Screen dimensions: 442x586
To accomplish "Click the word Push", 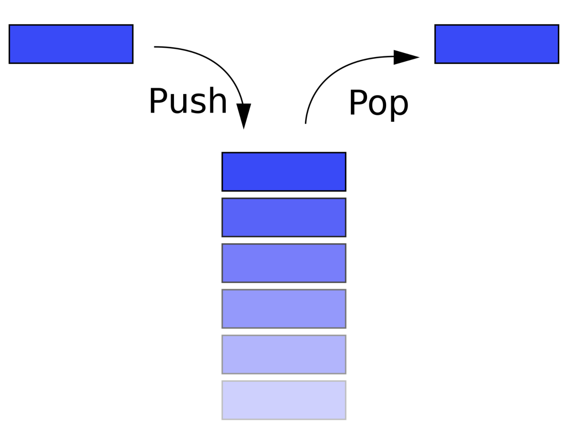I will click(x=188, y=101).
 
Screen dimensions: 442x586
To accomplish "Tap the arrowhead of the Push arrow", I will click(x=244, y=116).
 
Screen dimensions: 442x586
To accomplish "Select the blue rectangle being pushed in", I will click(x=71, y=44).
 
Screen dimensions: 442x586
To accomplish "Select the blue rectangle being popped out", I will click(x=497, y=44).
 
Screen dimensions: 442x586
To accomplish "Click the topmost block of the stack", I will click(x=284, y=172).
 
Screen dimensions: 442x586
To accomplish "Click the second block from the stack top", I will click(x=284, y=217).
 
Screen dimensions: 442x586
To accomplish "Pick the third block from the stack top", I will click(x=284, y=263).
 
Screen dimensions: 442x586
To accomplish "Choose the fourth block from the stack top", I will click(x=284, y=309).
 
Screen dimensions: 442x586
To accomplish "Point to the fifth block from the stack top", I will click(x=284, y=355).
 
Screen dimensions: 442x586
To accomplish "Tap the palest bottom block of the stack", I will click(x=284, y=400).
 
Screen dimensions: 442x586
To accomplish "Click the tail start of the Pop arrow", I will click(x=306, y=123).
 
